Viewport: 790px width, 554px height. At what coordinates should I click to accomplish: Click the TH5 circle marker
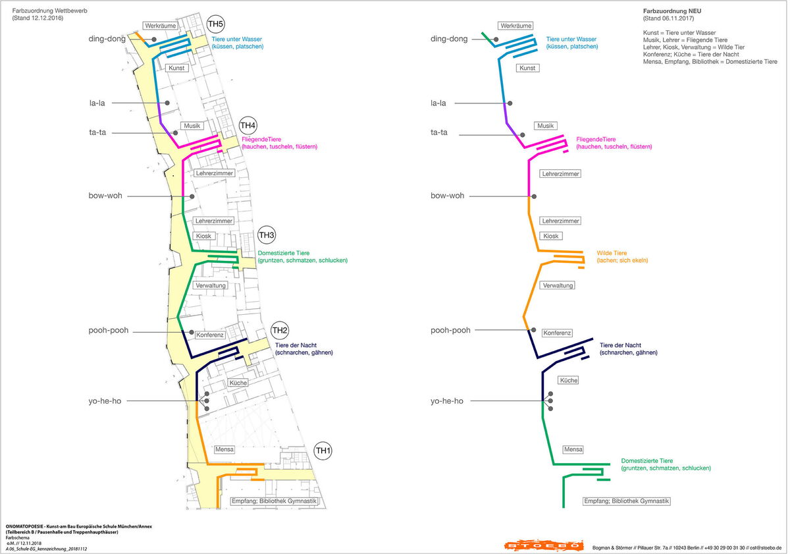[x=215, y=24]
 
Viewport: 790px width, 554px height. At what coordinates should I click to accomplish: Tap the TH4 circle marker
[x=248, y=125]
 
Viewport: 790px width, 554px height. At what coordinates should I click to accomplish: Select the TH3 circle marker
[x=266, y=235]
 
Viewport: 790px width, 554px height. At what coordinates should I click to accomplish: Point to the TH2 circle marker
[x=279, y=330]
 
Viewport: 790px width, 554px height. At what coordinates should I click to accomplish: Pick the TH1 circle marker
[x=323, y=451]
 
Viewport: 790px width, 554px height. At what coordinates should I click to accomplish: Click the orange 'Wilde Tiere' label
[x=612, y=253]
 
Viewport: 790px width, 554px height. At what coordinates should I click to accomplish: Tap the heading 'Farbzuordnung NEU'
[x=672, y=11]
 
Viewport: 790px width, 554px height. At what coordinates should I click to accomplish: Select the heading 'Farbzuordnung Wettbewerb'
[x=50, y=11]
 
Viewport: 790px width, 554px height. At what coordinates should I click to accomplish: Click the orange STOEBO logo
[x=544, y=545]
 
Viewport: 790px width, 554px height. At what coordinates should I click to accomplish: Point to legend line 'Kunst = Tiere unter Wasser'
[x=679, y=33]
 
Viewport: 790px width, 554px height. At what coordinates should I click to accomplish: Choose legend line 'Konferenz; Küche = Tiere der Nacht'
[x=691, y=54]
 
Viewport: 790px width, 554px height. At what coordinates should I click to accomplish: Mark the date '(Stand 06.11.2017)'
[x=668, y=18]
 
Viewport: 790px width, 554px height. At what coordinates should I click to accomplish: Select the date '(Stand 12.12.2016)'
[x=38, y=18]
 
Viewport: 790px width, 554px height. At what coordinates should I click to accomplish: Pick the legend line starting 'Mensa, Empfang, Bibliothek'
[x=710, y=62]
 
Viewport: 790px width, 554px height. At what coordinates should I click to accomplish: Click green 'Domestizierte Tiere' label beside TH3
[x=284, y=253]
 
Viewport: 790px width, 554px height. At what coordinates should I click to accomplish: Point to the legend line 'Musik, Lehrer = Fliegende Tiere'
[x=685, y=40]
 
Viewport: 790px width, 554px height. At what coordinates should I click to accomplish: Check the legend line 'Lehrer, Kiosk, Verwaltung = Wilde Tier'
[x=694, y=47]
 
